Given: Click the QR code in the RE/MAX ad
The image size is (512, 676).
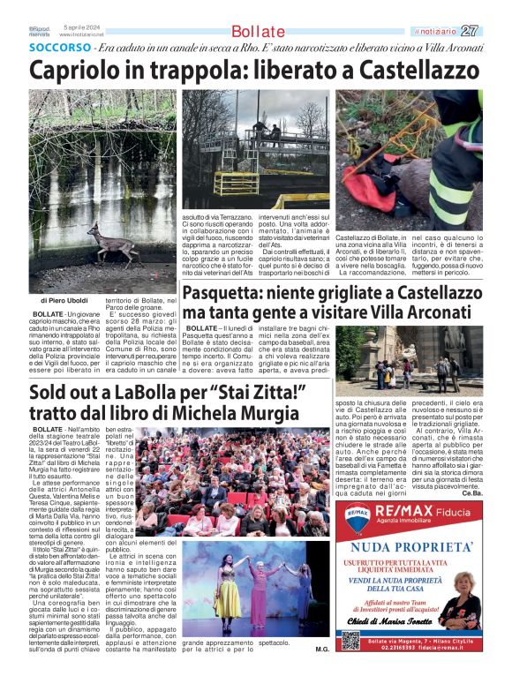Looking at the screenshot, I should (x=350, y=640).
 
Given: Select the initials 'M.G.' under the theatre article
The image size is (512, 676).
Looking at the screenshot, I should (x=321, y=649).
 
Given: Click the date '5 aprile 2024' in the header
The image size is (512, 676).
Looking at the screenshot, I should (x=81, y=27).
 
